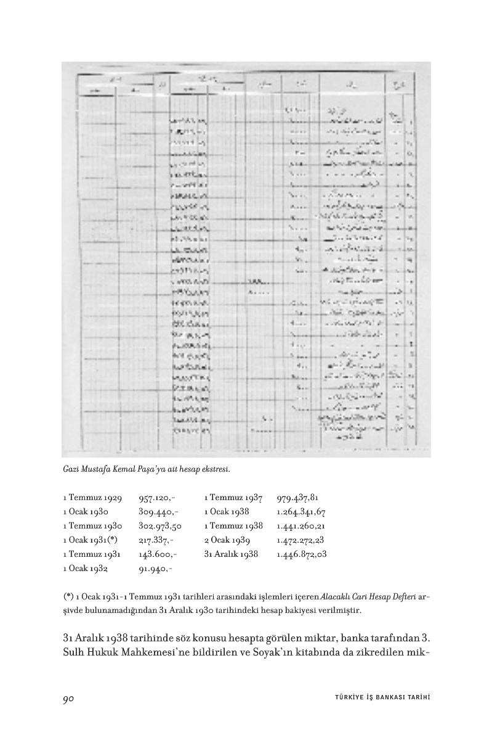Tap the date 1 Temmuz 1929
(92, 498)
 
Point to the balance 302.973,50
(160, 526)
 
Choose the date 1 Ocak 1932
(86, 569)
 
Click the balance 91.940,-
(155, 569)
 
